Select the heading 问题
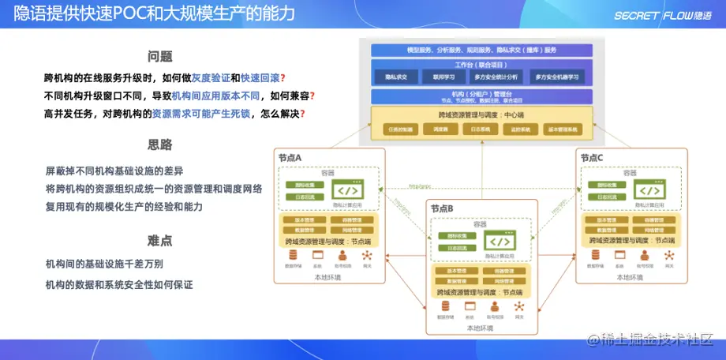click(x=160, y=57)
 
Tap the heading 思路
click(x=160, y=145)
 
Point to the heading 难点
click(x=160, y=240)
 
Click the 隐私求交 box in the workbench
click(x=395, y=77)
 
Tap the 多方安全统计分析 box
click(x=496, y=77)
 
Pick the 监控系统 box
click(x=519, y=129)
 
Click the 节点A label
click(x=290, y=158)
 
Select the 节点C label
click(x=592, y=158)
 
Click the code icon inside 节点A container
click(x=347, y=190)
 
